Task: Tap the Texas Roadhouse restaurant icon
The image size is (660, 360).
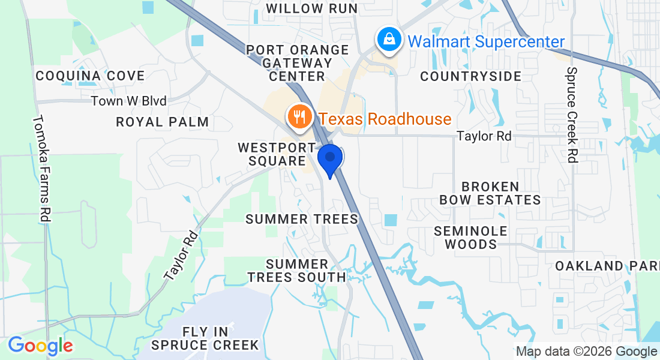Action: pyautogui.click(x=298, y=116)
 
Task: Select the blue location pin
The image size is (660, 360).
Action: pyautogui.click(x=329, y=159)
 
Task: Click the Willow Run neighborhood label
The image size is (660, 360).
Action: pyautogui.click(x=312, y=8)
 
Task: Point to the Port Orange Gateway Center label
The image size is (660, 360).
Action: pyautogui.click(x=298, y=63)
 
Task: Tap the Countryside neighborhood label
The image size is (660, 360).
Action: pyautogui.click(x=471, y=76)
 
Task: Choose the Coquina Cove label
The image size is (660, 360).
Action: pyautogui.click(x=90, y=76)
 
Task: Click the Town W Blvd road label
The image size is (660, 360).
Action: pyautogui.click(x=128, y=101)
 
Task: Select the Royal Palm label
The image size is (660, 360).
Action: pyautogui.click(x=163, y=122)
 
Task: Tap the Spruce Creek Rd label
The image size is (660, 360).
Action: pyautogui.click(x=572, y=114)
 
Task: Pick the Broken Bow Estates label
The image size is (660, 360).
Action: pyautogui.click(x=490, y=193)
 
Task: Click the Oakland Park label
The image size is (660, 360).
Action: pyautogui.click(x=606, y=266)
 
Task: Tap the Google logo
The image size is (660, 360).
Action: pyautogui.click(x=40, y=346)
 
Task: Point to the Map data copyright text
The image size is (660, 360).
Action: pyautogui.click(x=586, y=352)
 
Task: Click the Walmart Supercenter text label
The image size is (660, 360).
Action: pyautogui.click(x=486, y=41)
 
